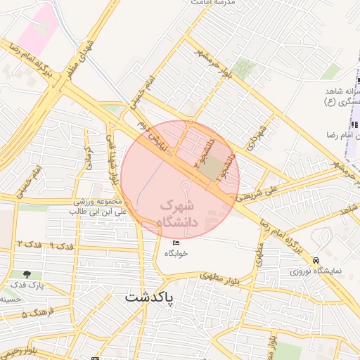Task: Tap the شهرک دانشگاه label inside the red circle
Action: (x=180, y=214)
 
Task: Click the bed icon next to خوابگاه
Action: (x=176, y=243)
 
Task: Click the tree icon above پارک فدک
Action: (x=27, y=274)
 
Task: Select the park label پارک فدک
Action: (x=27, y=285)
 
